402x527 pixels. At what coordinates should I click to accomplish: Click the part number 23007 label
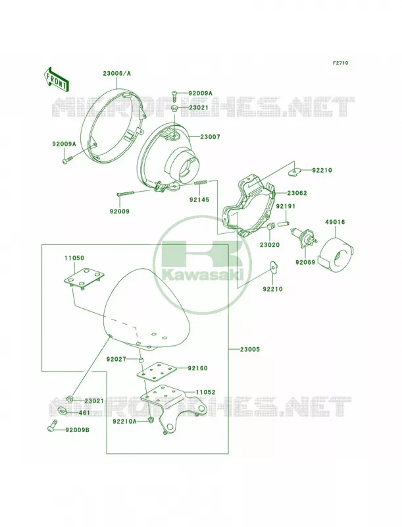tap(210, 137)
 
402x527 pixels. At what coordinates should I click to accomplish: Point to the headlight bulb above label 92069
tap(304, 238)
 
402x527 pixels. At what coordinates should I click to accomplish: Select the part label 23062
tap(297, 193)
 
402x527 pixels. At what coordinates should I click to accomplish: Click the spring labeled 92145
tap(201, 182)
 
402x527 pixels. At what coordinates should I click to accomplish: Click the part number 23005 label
tap(249, 349)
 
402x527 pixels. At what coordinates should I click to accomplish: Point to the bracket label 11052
tap(205, 392)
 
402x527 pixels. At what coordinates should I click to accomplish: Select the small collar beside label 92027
tap(141, 361)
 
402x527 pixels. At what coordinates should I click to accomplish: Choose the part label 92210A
tap(124, 421)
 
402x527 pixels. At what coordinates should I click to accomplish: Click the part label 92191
tap(286, 206)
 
